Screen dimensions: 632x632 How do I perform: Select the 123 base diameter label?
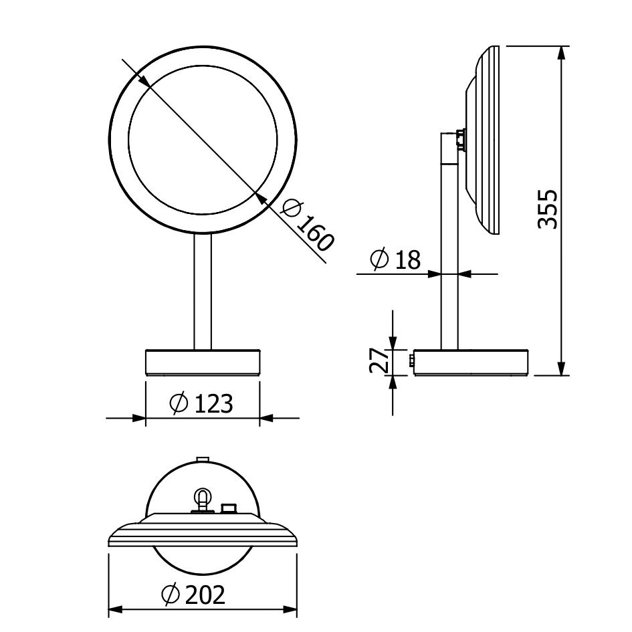[213, 403]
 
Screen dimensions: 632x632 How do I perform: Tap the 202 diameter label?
[205, 595]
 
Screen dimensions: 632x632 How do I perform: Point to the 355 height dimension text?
[548, 209]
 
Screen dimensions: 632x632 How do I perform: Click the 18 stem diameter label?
[408, 259]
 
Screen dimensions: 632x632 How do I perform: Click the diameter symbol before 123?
[179, 403]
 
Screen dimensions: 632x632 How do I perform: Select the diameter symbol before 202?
[170, 595]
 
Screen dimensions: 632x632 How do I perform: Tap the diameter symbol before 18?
[379, 259]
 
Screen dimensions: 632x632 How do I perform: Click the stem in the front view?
[203, 292]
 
